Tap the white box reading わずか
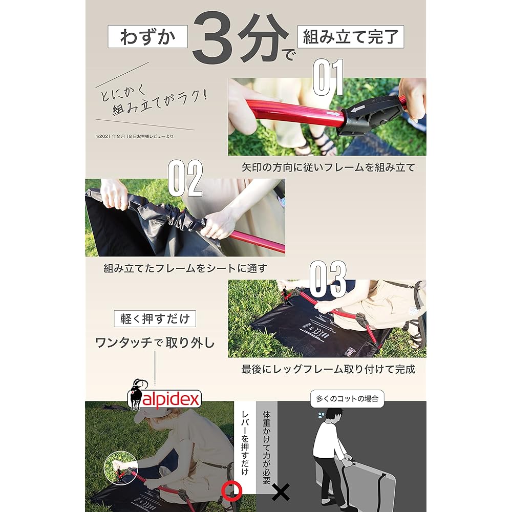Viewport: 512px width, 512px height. click(147, 36)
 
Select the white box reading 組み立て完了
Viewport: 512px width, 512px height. click(351, 36)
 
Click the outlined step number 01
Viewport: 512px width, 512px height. click(328, 77)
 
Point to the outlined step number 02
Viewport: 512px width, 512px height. click(185, 178)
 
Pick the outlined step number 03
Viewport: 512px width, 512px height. click(328, 279)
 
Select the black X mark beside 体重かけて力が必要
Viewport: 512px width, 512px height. click(281, 492)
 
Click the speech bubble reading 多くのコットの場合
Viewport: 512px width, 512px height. click(347, 399)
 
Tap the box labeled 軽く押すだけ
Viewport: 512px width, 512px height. click(155, 318)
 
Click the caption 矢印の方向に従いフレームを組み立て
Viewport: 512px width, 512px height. click(328, 167)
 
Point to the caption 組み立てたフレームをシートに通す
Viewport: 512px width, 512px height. click(185, 268)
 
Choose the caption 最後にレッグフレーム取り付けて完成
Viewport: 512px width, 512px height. click(328, 369)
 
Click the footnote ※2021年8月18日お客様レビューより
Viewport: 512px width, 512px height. click(134, 136)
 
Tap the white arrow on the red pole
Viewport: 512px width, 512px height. click(333, 114)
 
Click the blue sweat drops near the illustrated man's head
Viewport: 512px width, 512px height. click(322, 415)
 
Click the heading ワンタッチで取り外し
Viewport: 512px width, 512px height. click(155, 343)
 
